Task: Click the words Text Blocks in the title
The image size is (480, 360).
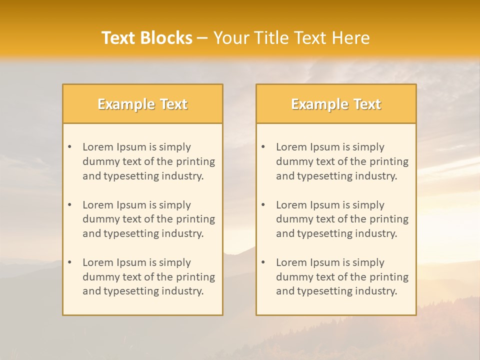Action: coord(147,38)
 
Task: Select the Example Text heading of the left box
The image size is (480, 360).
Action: coord(142,104)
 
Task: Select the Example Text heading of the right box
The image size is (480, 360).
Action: coord(336,104)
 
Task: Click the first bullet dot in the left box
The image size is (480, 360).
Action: coord(70,147)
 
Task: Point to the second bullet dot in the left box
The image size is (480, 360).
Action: coord(70,205)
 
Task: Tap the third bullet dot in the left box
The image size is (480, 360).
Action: coord(70,262)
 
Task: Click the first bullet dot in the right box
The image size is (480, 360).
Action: coord(263,147)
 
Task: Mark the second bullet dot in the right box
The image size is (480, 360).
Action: coord(263,205)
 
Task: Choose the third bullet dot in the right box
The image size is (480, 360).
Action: coord(263,262)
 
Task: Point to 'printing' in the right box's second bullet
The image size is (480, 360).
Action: coord(389,219)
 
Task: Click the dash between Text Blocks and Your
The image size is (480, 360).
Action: coord(202,38)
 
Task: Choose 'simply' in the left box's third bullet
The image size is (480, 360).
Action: coord(176,262)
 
